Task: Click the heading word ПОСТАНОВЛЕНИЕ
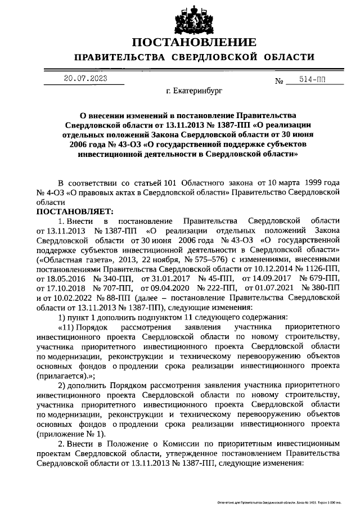click(194, 43)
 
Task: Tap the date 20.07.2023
click(85, 79)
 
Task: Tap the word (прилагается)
click(67, 375)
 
